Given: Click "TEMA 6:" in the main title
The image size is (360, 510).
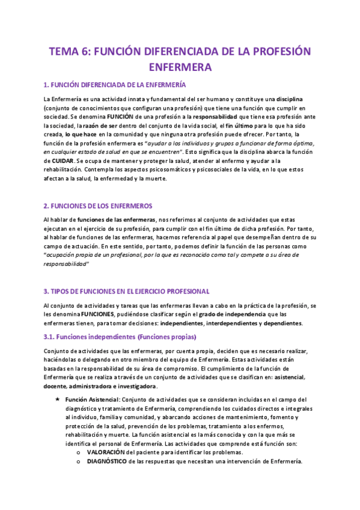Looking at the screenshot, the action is tap(67, 51).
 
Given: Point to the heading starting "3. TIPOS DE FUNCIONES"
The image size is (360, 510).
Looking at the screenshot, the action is tap(126, 291).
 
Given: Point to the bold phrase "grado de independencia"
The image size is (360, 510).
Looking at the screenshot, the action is tap(231, 314).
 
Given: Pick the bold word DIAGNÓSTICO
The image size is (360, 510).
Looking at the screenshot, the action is tap(106, 461).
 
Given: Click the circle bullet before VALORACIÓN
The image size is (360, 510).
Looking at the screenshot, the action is tap(79, 452).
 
